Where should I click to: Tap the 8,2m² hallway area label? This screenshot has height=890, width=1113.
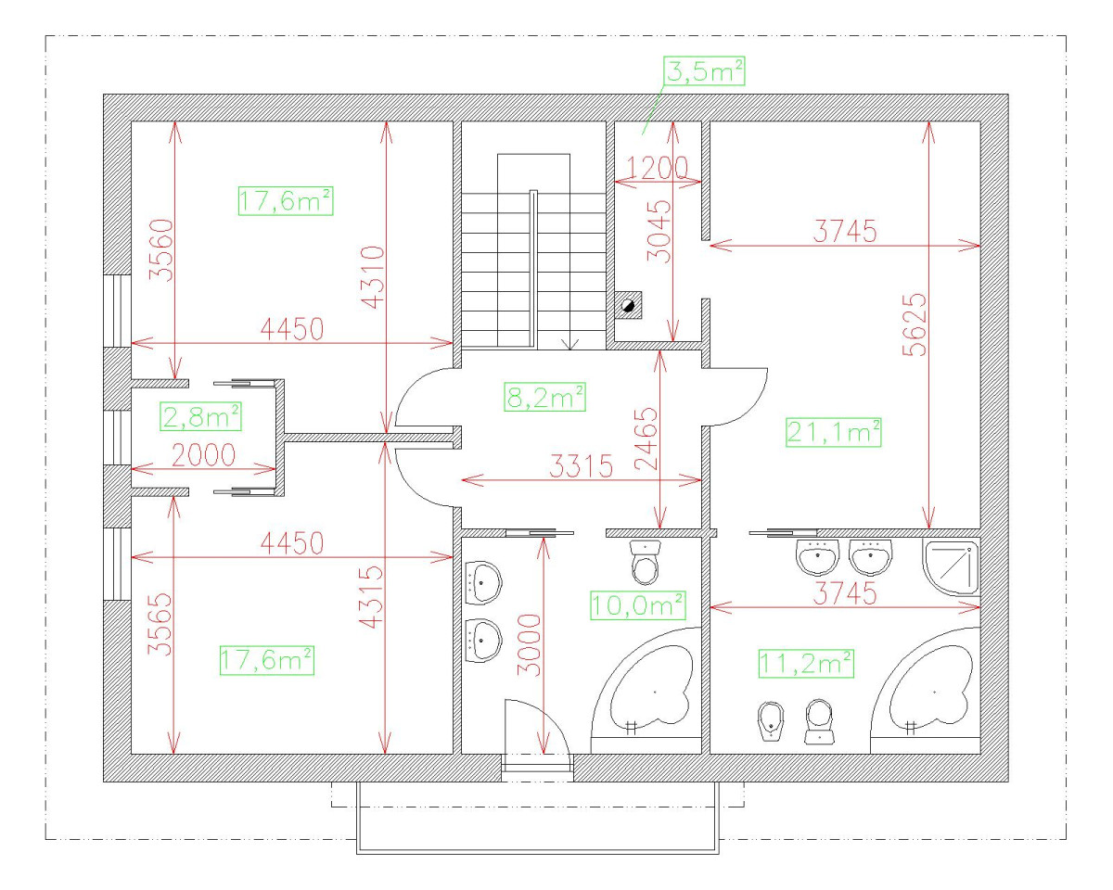(x=545, y=398)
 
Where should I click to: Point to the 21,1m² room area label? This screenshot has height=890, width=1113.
(x=833, y=432)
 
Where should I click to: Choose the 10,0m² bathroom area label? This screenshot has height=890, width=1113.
(x=638, y=605)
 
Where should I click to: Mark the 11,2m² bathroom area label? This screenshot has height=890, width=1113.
(x=806, y=663)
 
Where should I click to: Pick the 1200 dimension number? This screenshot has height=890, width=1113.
(x=657, y=167)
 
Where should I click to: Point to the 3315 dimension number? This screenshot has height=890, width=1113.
(x=581, y=466)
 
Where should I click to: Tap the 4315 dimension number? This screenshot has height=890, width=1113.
(x=371, y=598)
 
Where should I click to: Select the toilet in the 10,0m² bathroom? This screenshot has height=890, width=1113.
(x=646, y=559)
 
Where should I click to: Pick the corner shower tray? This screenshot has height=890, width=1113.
(x=952, y=565)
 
